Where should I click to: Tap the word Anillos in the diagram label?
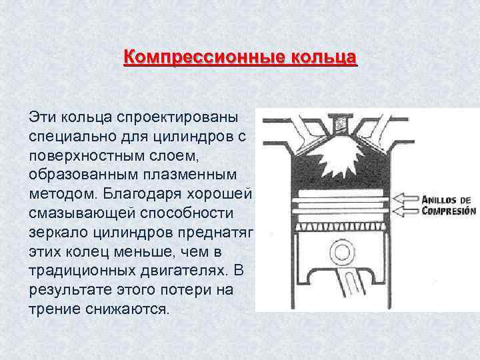point(447,199)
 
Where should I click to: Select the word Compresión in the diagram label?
point(449,211)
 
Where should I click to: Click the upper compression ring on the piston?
point(340,196)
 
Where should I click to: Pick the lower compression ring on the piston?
point(340,209)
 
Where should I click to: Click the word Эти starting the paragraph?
point(43,117)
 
